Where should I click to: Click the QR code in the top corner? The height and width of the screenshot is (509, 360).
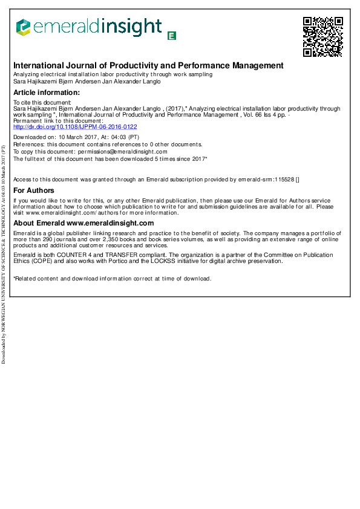point(322,37)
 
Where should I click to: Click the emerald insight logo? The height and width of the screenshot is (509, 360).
point(89,27)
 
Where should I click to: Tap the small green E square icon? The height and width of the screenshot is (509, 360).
point(172,36)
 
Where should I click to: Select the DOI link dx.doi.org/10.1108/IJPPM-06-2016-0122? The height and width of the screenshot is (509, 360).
point(75,127)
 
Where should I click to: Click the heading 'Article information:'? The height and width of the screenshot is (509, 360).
point(47,92)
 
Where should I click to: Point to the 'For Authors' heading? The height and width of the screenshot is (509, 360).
point(34,190)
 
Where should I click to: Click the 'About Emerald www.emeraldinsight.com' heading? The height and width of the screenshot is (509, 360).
point(83,223)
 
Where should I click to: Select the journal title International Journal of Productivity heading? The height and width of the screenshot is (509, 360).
point(148,65)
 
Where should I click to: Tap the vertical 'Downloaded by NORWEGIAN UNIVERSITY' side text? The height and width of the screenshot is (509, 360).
point(4,254)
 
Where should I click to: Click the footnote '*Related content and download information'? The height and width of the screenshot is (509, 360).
point(112,279)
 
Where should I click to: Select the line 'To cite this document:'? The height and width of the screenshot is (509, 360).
point(42,103)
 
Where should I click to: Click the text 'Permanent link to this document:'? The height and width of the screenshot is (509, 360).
point(58,121)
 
